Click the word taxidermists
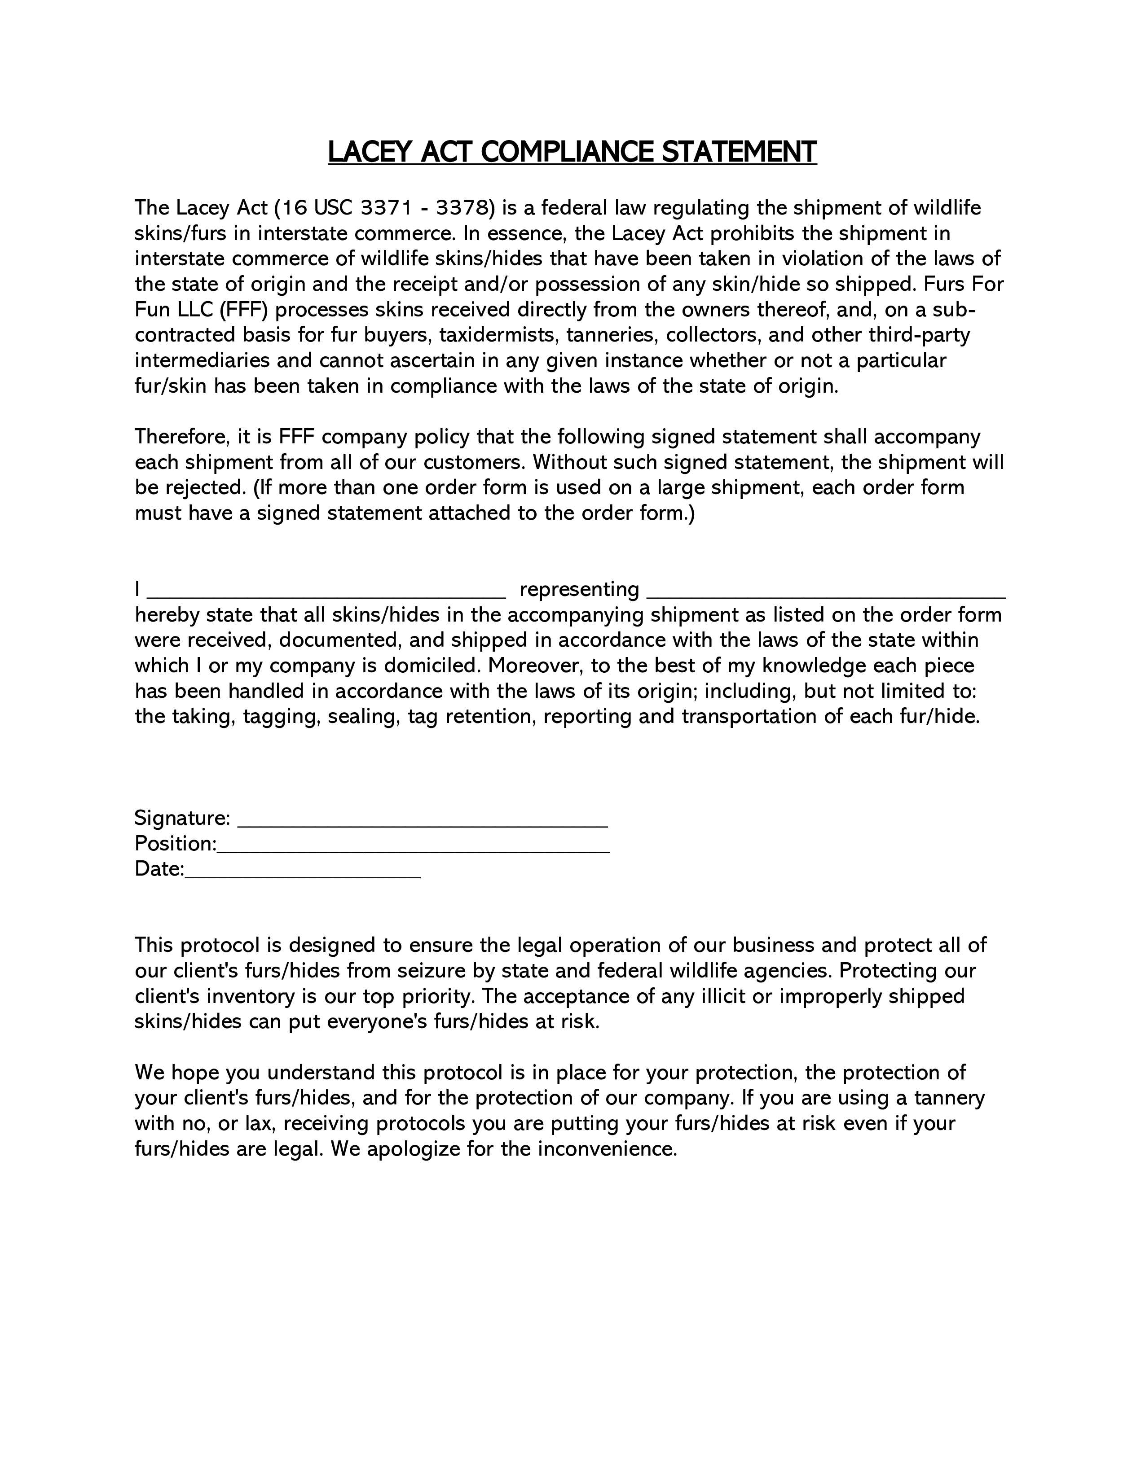coord(498,335)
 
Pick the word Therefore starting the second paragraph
coord(180,437)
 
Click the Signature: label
coord(182,819)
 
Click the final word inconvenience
coord(608,1149)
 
